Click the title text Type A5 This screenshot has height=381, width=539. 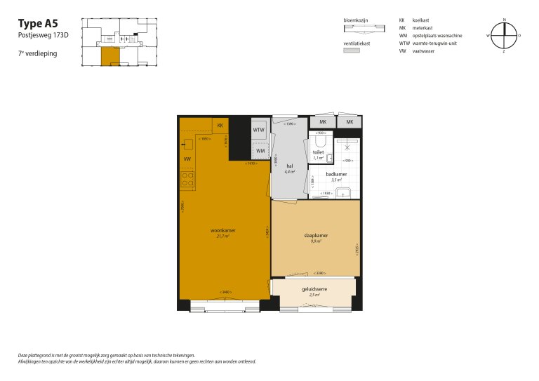38,23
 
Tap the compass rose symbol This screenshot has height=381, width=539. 503,35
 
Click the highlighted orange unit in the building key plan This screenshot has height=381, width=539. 109,56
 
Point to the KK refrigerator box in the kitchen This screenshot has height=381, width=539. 220,125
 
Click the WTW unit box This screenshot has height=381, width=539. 259,130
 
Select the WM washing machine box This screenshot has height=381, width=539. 260,151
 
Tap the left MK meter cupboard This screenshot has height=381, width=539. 322,122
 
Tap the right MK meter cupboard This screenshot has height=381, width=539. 349,122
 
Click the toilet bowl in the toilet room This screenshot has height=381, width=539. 320,142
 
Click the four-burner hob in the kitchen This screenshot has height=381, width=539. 187,180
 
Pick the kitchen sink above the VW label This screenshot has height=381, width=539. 187,146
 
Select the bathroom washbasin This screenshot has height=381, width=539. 343,194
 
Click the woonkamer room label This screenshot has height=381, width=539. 223,230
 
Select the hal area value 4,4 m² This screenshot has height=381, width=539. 289,172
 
